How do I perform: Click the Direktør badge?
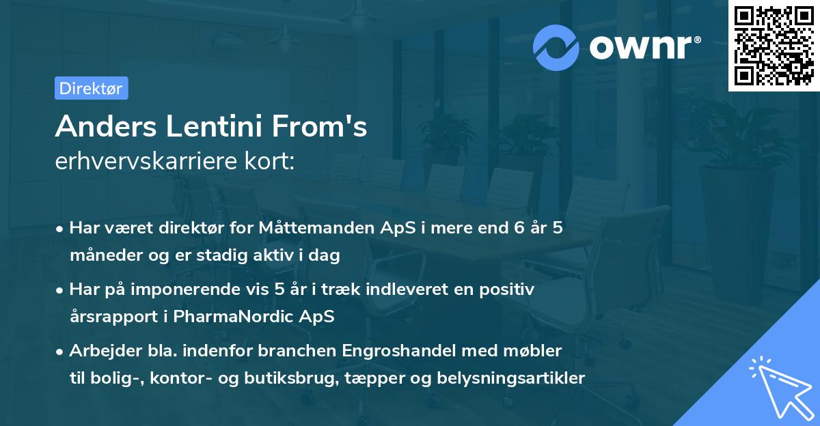(x=91, y=88)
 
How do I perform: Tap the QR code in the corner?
(x=774, y=46)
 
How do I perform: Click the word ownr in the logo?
(x=643, y=47)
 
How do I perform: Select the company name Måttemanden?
(x=312, y=229)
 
